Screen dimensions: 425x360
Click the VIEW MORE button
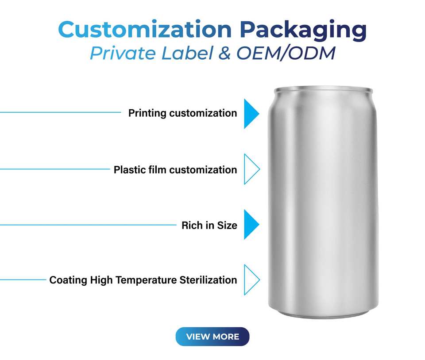click(212, 337)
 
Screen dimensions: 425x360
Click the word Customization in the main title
click(145, 30)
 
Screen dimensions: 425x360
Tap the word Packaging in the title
click(303, 30)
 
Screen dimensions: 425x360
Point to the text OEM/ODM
click(286, 53)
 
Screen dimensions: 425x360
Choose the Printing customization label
click(182, 113)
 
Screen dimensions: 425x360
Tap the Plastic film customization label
click(175, 170)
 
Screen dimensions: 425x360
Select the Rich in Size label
click(209, 225)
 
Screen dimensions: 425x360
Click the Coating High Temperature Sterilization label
click(143, 280)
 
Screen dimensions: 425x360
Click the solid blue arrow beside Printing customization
click(251, 114)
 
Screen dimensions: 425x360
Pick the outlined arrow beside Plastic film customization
click(251, 169)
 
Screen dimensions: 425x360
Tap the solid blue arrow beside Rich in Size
click(251, 225)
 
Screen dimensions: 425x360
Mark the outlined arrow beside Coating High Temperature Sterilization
click(251, 280)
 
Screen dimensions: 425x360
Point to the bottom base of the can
click(323, 313)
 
